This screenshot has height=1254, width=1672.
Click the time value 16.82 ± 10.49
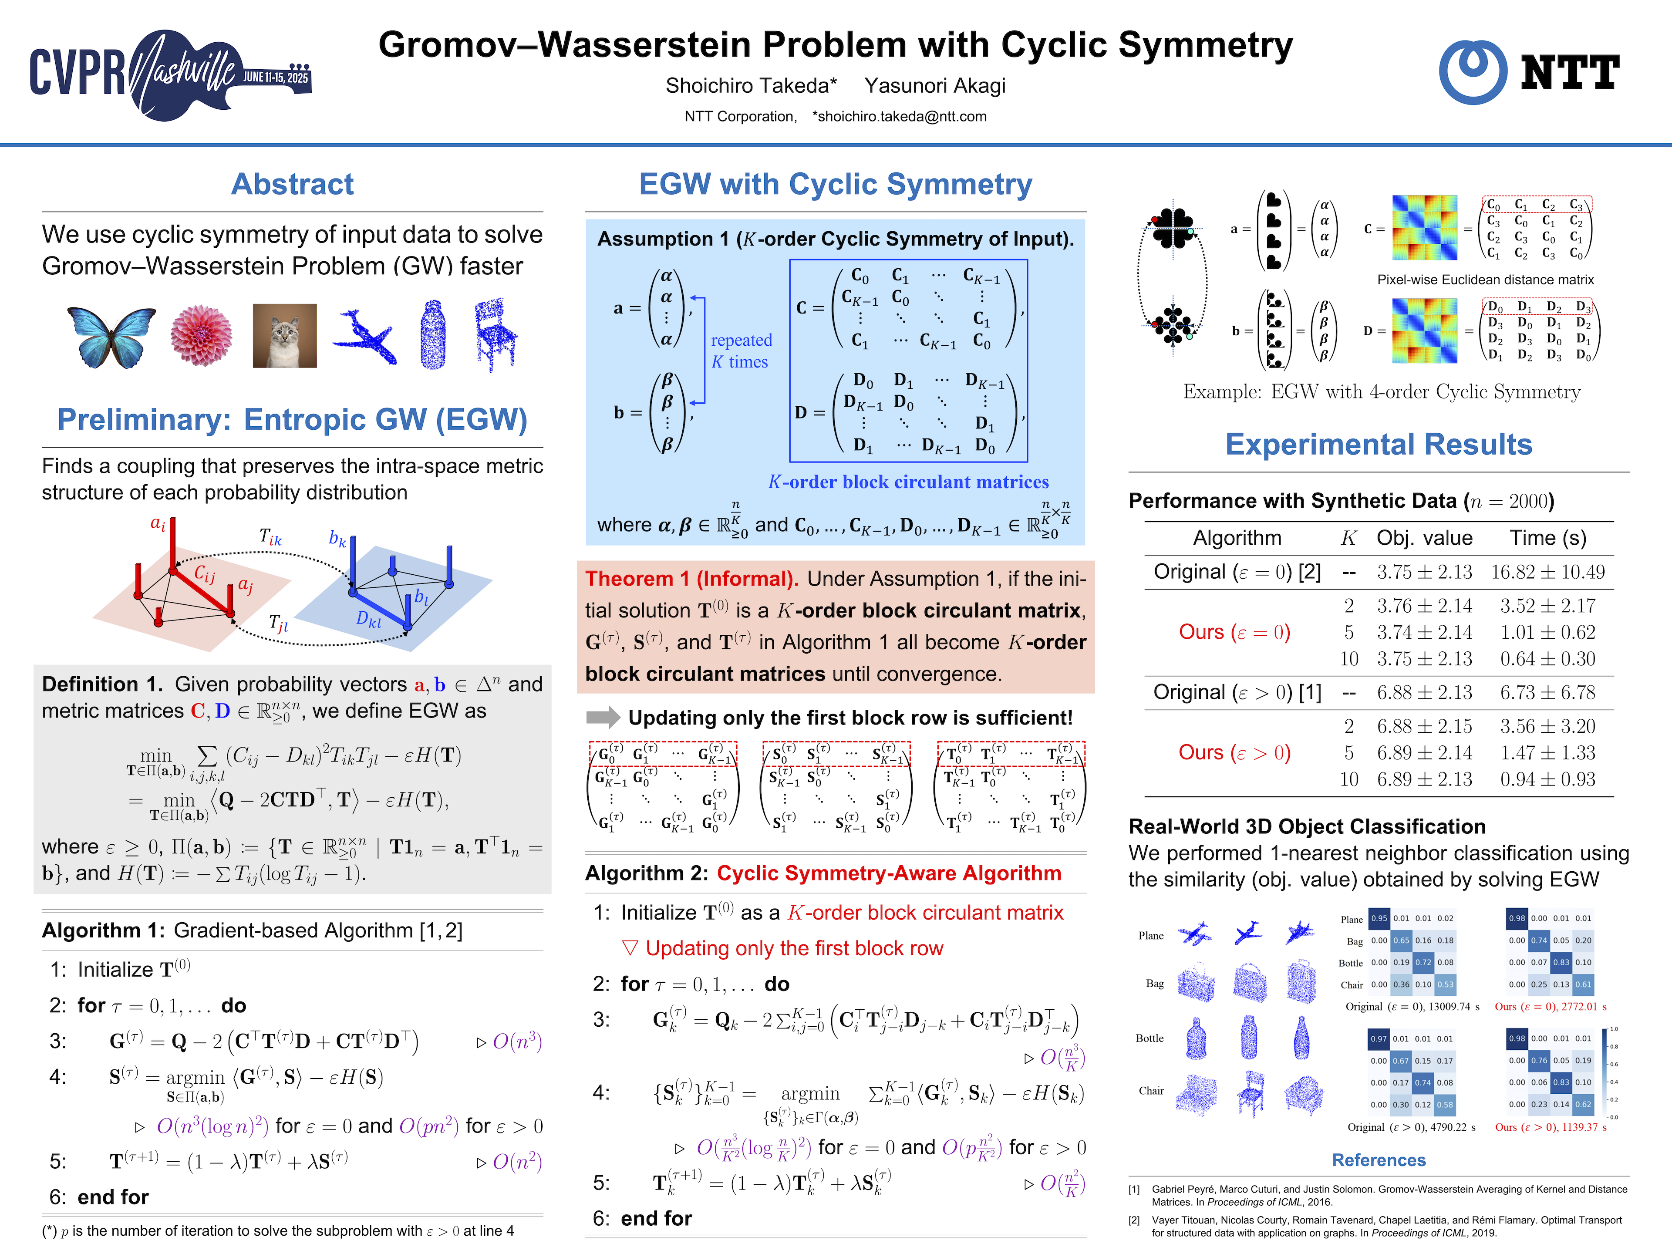pos(1547,572)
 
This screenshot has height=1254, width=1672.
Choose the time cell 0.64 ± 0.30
pos(1547,658)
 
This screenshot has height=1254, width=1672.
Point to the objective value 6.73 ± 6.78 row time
pos(1547,692)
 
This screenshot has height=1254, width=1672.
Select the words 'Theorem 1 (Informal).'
pos(691,579)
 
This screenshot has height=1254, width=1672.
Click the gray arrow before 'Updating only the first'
pos(603,717)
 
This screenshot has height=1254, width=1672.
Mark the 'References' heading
pos(1378,1160)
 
